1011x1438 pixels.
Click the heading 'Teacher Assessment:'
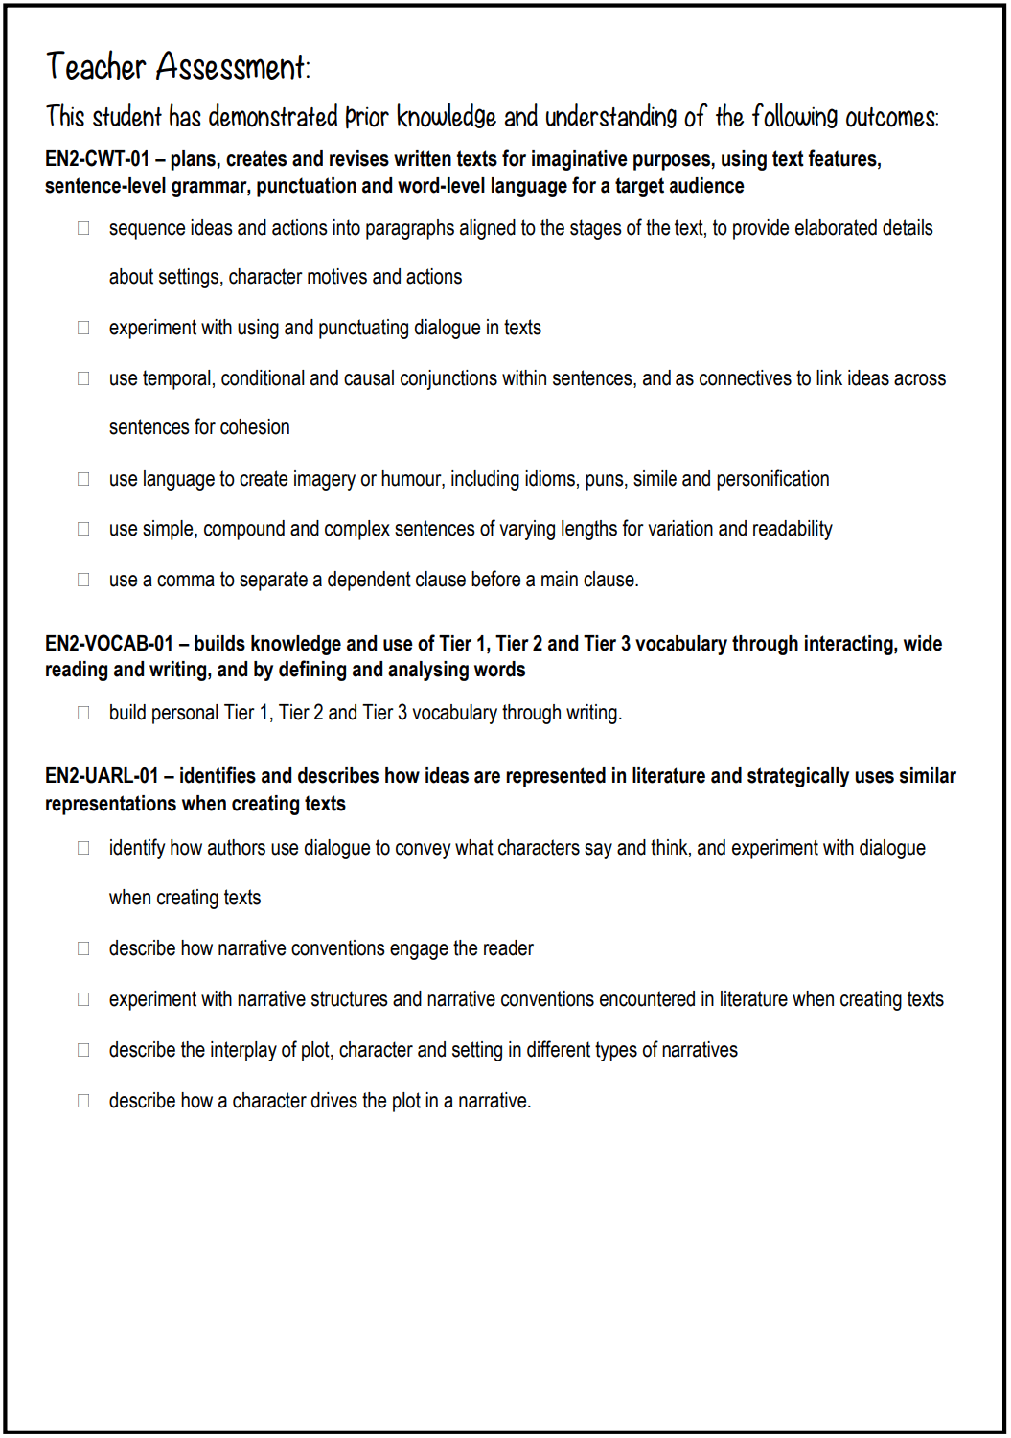[178, 67]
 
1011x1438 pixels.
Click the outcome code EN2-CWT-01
[97, 159]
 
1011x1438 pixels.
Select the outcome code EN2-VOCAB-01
[108, 644]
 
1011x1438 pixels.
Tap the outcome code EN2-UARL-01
[102, 776]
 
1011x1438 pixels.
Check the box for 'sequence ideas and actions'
[83, 228]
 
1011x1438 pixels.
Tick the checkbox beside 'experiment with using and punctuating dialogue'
[83, 328]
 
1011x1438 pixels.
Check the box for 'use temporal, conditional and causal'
[83, 378]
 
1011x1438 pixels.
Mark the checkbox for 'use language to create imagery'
[83, 479]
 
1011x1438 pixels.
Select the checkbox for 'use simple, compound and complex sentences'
[83, 529]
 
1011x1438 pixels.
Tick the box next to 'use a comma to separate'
[83, 580]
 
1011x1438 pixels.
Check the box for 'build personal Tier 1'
[83, 713]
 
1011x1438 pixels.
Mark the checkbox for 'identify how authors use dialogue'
[83, 848]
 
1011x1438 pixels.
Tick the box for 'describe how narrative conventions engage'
[83, 948]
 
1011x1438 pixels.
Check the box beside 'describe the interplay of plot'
[83, 1050]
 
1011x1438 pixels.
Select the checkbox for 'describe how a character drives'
[83, 1101]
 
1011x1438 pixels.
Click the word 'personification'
[772, 479]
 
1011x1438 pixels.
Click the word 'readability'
[793, 529]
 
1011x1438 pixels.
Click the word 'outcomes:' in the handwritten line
[891, 118]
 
